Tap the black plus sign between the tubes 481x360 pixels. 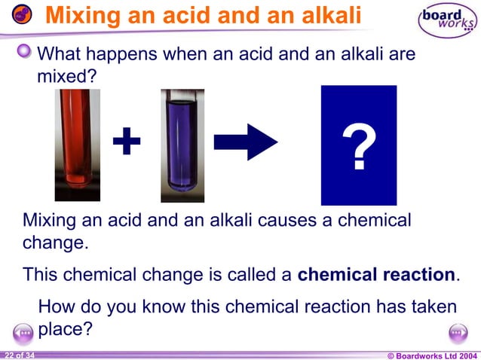pos(127,141)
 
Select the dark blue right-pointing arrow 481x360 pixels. pos(246,141)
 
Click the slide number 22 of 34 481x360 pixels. pos(18,355)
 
